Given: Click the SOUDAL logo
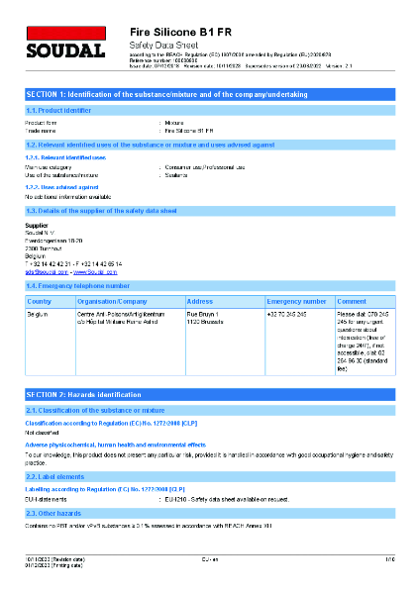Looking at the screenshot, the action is click(63, 47).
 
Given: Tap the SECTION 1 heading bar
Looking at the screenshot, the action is click(209, 93).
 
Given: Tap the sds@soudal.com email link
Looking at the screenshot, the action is click(45, 270).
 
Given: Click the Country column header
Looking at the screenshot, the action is click(41, 301).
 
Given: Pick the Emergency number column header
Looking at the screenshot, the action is click(296, 301).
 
